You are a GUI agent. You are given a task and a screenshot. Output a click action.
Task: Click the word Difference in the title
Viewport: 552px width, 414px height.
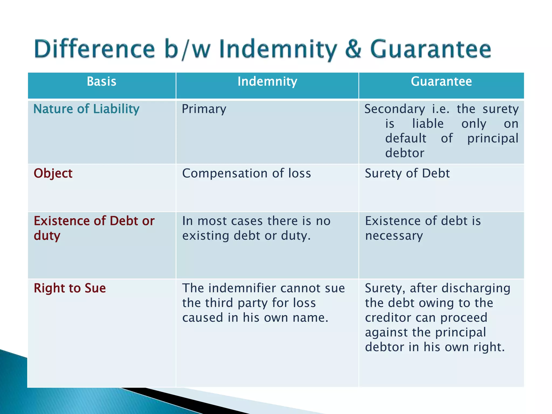94,49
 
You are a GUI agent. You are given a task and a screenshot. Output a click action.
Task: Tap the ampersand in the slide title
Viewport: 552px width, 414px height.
353,49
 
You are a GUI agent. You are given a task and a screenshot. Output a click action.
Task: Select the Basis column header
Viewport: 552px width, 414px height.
101,81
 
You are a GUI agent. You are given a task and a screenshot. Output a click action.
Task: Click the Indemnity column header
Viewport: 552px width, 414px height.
267,81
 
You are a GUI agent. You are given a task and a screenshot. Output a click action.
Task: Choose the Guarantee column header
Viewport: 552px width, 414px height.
441,81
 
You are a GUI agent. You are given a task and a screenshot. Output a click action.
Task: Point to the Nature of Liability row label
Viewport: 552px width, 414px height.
86,109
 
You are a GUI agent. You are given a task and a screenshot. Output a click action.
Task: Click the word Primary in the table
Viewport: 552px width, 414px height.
204,109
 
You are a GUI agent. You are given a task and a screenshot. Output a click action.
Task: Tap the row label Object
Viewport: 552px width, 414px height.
53,173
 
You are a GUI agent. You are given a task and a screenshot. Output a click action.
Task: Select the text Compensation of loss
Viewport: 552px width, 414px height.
246,173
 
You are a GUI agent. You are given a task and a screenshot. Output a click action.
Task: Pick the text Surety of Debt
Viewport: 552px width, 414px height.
407,173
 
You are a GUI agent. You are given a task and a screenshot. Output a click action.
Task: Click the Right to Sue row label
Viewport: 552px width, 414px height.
70,288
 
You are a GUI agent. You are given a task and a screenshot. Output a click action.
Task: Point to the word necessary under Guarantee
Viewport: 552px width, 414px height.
394,236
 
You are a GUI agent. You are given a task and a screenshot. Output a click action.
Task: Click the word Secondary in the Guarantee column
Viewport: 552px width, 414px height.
395,109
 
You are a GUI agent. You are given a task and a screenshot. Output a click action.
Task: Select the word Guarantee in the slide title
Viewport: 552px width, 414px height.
430,49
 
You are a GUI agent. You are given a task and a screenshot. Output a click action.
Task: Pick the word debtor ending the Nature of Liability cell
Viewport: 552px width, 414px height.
404,153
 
